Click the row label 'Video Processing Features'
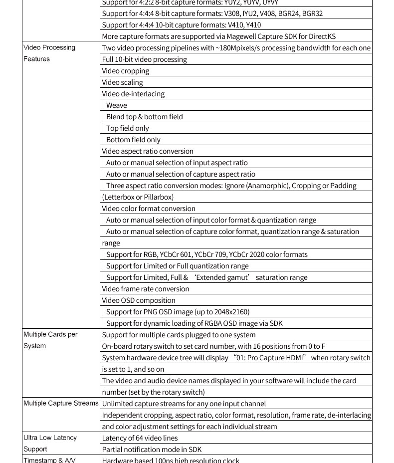(49, 53)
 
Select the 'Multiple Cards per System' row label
(50, 340)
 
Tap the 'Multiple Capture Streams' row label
(61, 403)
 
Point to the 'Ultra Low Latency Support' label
(50, 443)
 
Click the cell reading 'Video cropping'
(126, 71)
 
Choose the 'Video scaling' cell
(122, 82)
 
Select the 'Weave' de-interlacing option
(117, 105)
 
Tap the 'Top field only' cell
(128, 128)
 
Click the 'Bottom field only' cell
(133, 140)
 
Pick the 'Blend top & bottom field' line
(145, 117)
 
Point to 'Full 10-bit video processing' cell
(145, 59)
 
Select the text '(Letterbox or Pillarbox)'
(138, 197)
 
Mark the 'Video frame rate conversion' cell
(146, 289)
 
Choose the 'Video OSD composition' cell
(139, 300)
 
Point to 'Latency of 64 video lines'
(140, 438)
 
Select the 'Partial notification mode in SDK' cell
(152, 450)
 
